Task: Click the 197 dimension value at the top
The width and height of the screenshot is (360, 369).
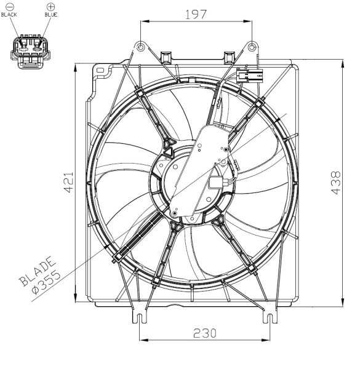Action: coord(196,14)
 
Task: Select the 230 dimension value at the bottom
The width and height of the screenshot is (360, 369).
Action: coord(204,333)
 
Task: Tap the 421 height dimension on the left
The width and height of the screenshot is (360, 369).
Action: coord(69,183)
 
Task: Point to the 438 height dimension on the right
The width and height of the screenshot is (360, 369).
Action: coord(335,183)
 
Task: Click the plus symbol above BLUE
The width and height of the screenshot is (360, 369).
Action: coord(50,7)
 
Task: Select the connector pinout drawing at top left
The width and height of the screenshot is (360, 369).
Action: coord(29,49)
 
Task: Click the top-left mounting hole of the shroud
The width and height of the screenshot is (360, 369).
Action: coord(141,47)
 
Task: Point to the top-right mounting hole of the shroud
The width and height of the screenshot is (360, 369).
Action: coord(252,47)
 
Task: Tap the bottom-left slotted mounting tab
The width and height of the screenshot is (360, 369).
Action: coord(140,316)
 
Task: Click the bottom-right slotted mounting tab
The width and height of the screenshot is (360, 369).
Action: coord(270,316)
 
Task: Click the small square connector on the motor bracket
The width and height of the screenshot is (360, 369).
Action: coord(218,183)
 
